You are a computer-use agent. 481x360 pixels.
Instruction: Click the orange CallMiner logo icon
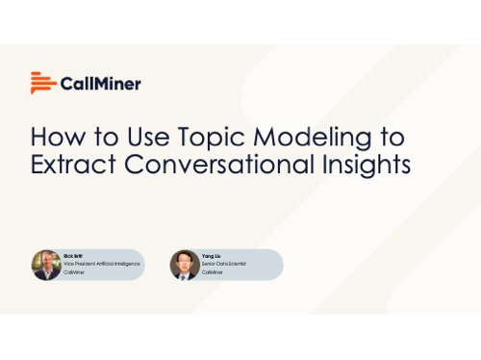tap(42, 83)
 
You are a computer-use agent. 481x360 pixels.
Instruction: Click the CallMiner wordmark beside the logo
tap(100, 84)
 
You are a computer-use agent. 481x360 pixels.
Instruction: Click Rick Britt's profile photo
tap(46, 265)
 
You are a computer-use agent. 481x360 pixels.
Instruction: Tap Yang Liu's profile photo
tap(185, 265)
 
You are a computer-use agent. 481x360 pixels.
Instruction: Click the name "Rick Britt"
tap(73, 255)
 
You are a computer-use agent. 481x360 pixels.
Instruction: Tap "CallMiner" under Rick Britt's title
tap(75, 272)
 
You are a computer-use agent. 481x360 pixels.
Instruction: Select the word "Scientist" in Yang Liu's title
tap(236, 264)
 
